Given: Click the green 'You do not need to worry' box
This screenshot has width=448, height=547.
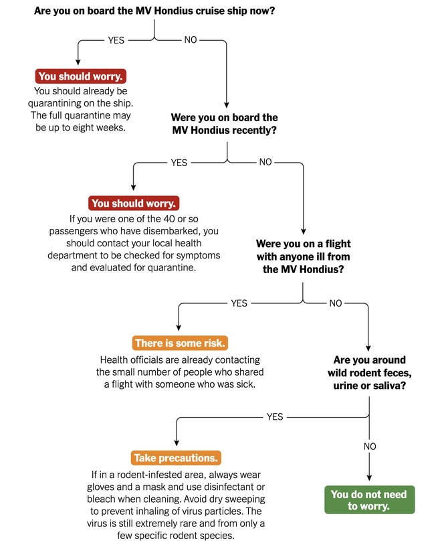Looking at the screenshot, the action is pos(370,500).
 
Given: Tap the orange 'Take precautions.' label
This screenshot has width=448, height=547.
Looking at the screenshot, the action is pos(176,458).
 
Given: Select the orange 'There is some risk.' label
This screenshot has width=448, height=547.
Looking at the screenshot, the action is pos(180,343).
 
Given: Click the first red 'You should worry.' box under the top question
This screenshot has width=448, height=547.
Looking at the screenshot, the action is pos(80,76).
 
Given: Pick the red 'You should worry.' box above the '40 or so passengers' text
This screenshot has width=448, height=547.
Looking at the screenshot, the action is pos(134,203).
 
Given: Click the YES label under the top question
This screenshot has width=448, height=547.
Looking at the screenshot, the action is pos(116,40).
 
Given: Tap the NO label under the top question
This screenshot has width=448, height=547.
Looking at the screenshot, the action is pos(191,40).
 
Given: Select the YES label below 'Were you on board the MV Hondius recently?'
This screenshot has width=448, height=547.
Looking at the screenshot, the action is pos(179,163).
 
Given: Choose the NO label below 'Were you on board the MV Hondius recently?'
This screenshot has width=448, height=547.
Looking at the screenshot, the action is pos(265,162).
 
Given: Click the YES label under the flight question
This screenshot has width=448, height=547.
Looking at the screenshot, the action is pos(239,303).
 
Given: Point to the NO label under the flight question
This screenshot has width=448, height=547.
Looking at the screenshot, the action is pos(336,303).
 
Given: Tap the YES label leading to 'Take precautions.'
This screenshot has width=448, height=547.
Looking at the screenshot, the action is pos(275,416).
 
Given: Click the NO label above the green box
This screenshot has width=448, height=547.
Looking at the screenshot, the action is pos(370,446).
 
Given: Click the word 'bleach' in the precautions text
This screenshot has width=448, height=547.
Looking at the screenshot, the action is pos(99,499).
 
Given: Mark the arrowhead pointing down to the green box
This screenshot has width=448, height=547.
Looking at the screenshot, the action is pos(369,478).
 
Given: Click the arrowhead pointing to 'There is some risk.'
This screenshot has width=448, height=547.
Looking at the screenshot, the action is pos(179,328).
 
